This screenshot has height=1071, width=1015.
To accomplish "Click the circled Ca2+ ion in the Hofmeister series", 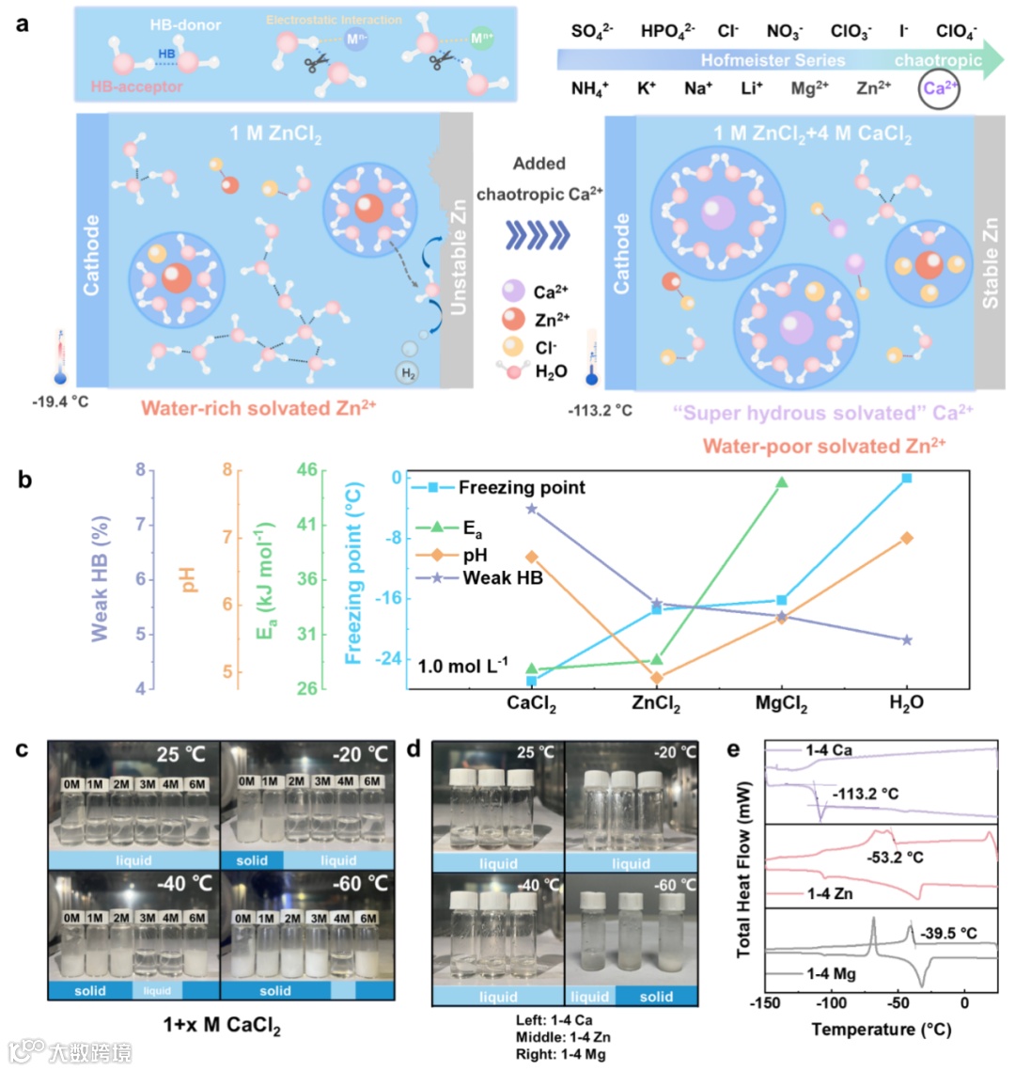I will click(940, 88).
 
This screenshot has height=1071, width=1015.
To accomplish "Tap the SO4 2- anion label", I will click(592, 31).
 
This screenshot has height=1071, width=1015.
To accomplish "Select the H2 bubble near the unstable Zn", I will click(408, 373).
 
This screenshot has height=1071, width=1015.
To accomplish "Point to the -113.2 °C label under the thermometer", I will click(600, 411).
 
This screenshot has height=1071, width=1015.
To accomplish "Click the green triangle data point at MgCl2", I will click(781, 482).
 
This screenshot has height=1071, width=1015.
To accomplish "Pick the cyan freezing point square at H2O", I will click(906, 478).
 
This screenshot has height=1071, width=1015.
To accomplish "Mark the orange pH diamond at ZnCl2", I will click(656, 677).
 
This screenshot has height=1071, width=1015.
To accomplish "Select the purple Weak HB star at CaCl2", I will click(532, 509).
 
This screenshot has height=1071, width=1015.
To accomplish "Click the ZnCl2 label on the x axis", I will click(655, 703).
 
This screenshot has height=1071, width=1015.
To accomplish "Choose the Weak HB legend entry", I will click(502, 577).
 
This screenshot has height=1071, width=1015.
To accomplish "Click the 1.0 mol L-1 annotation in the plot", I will click(462, 666).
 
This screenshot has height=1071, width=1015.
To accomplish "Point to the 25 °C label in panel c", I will click(180, 754).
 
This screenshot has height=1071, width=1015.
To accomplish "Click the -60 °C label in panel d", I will click(675, 884).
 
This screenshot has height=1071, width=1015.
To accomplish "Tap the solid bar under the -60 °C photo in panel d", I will click(656, 996).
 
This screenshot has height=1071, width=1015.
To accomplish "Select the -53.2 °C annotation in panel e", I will click(894, 858).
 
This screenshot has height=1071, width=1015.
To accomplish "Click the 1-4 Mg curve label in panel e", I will click(831, 973).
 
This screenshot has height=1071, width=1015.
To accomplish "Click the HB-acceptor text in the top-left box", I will click(137, 87).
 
